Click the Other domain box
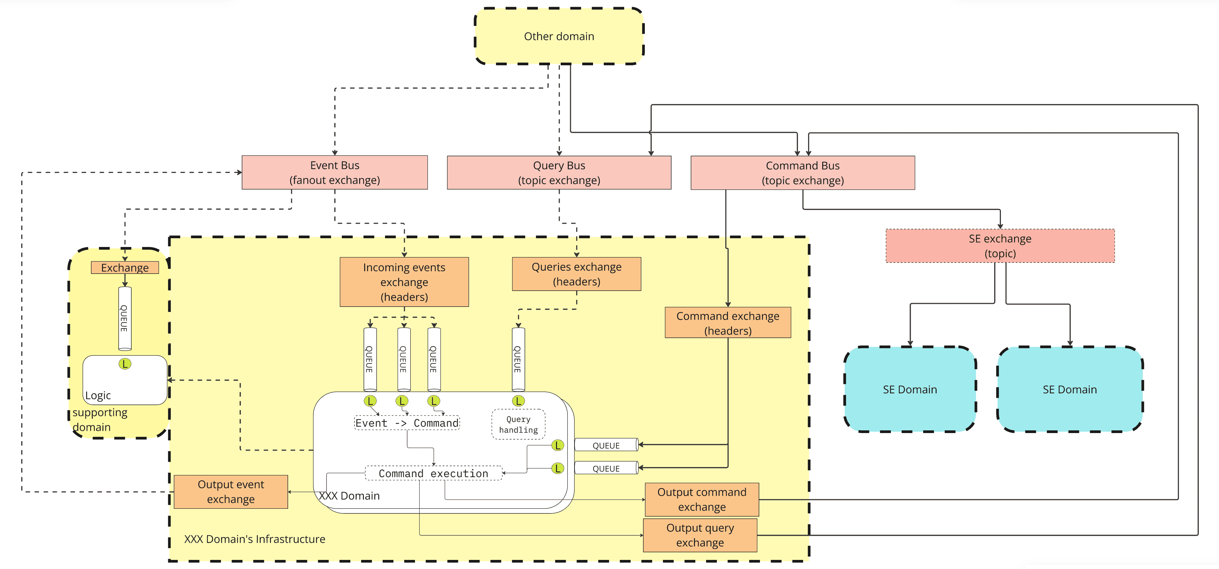(x=559, y=36)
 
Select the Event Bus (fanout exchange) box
(x=335, y=173)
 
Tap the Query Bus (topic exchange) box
(x=559, y=173)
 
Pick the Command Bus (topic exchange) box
(x=803, y=173)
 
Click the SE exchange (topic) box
(x=1000, y=246)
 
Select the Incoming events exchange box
(x=404, y=282)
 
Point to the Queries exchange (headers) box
(x=577, y=274)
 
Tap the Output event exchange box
(x=231, y=492)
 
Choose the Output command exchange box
(x=702, y=499)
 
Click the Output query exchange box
(x=700, y=535)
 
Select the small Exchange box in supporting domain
(x=125, y=268)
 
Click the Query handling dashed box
(x=518, y=424)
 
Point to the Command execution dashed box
(x=433, y=473)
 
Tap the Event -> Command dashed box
(x=407, y=423)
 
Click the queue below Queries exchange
(x=518, y=359)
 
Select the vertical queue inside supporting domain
(x=125, y=318)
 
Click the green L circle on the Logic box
(x=125, y=364)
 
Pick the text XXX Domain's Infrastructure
(x=254, y=539)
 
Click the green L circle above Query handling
(x=518, y=401)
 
